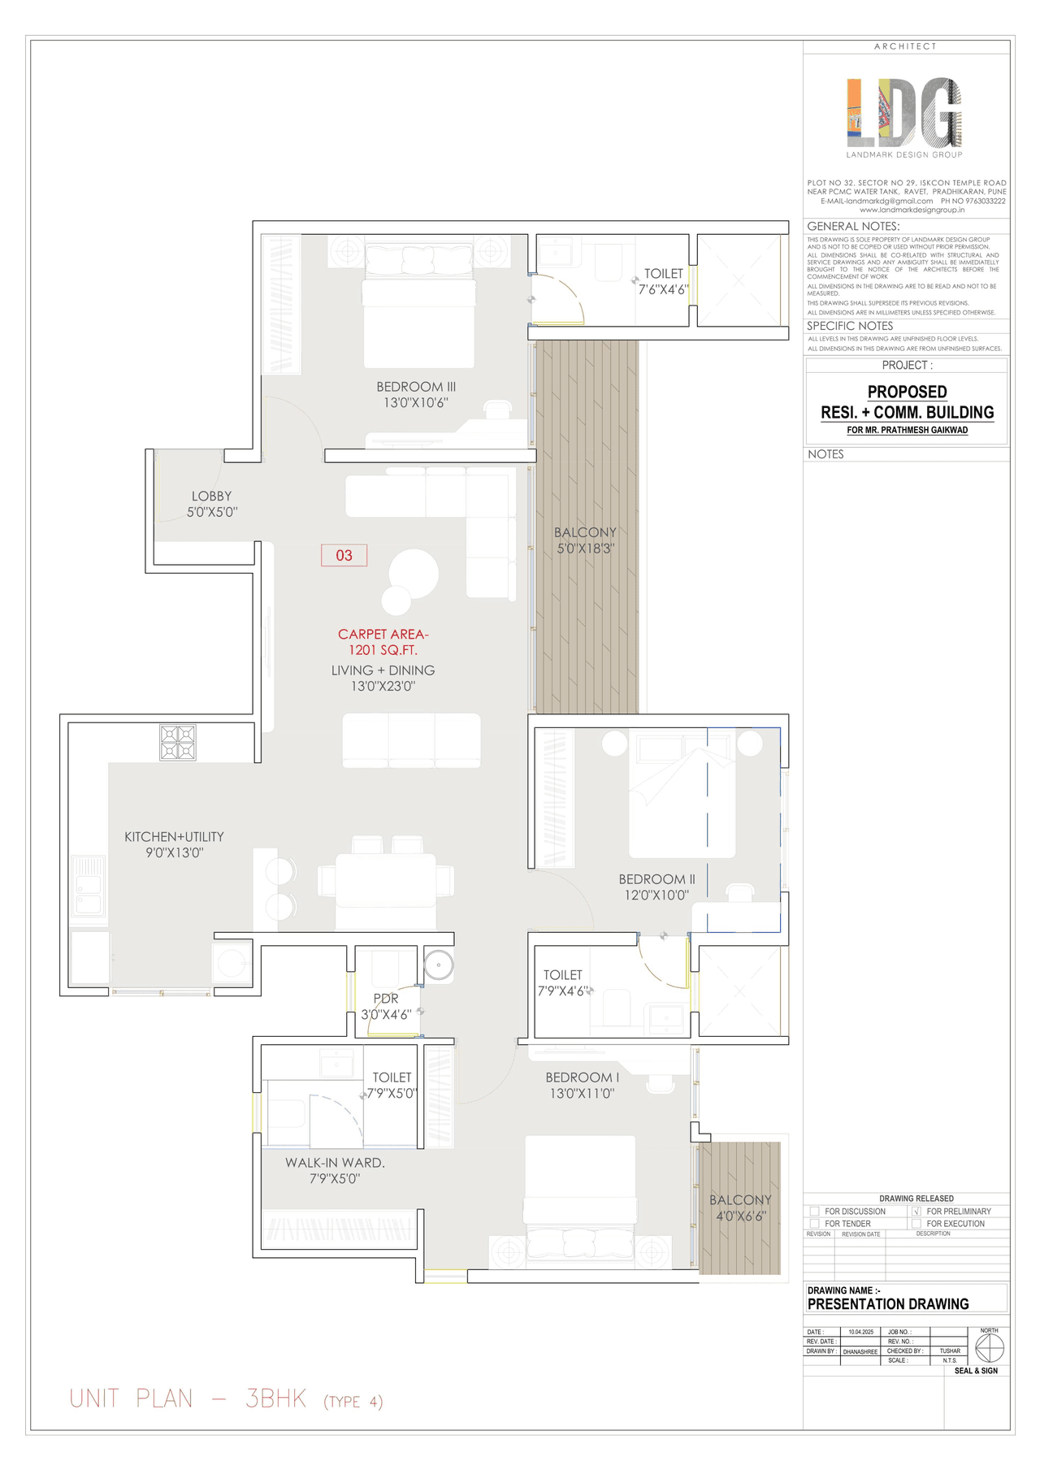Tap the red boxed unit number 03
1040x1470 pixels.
(344, 555)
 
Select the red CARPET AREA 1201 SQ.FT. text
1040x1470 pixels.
(383, 642)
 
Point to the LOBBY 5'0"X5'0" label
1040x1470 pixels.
(212, 504)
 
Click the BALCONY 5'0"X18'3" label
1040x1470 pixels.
(585, 540)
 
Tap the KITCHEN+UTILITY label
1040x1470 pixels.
(174, 844)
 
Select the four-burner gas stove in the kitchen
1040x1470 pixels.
(177, 742)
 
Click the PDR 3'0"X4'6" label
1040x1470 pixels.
(386, 1006)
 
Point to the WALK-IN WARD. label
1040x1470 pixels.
(335, 1170)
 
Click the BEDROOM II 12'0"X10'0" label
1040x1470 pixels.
(656, 887)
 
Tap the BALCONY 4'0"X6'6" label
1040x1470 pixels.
(740, 1208)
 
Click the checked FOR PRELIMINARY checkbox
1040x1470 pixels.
(916, 1211)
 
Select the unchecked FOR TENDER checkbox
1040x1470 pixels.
(814, 1223)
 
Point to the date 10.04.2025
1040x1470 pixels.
(860, 1332)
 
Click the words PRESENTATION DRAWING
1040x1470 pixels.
(888, 1303)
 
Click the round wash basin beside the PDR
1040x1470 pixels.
(439, 965)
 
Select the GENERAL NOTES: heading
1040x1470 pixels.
(853, 226)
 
